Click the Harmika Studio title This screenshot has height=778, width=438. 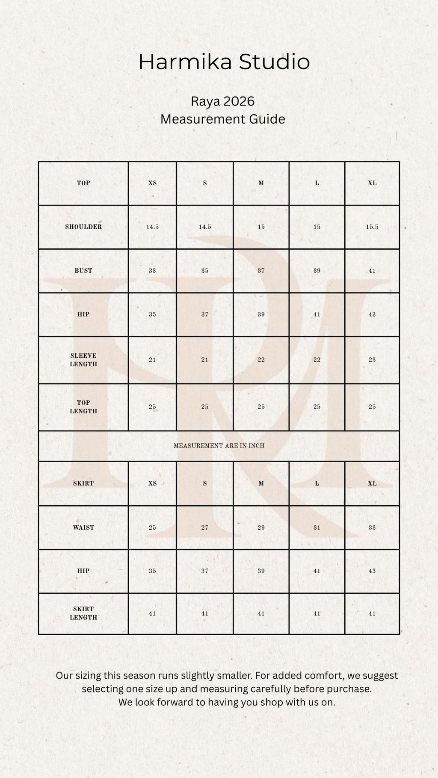(x=224, y=62)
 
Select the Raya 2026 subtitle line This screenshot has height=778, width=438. (x=222, y=101)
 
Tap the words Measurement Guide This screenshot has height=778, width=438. (x=222, y=119)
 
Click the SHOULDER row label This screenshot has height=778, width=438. (x=83, y=227)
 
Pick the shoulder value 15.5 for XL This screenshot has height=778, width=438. (x=372, y=227)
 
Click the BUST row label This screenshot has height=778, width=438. (x=83, y=271)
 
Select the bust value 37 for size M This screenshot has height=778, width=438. (x=261, y=271)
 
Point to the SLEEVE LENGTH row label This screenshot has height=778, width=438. (x=83, y=360)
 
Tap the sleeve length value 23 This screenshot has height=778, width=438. (x=372, y=360)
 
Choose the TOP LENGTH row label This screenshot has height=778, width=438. (x=83, y=407)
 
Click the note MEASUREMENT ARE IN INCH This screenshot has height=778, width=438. (x=219, y=446)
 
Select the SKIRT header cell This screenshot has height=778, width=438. (x=83, y=483)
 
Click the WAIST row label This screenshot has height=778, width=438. (x=83, y=528)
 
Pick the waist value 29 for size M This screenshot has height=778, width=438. (x=261, y=528)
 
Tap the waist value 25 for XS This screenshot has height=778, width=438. (x=152, y=528)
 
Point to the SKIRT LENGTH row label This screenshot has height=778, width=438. (x=83, y=613)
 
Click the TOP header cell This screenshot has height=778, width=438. (x=83, y=183)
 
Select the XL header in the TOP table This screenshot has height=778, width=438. (x=372, y=183)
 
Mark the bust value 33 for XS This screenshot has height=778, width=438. (x=152, y=271)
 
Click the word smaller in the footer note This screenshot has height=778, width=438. (x=236, y=675)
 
